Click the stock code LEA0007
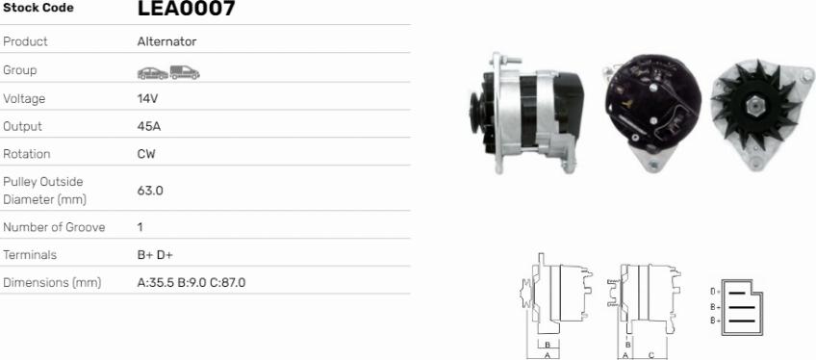[x=187, y=8]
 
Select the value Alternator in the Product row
[x=167, y=41]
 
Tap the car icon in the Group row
[x=153, y=73]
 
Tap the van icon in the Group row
[x=185, y=72]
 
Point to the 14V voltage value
[x=147, y=98]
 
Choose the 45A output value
[x=149, y=126]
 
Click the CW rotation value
[x=146, y=154]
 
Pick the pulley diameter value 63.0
[x=150, y=191]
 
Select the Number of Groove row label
[x=54, y=227]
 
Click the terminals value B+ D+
[x=155, y=255]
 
